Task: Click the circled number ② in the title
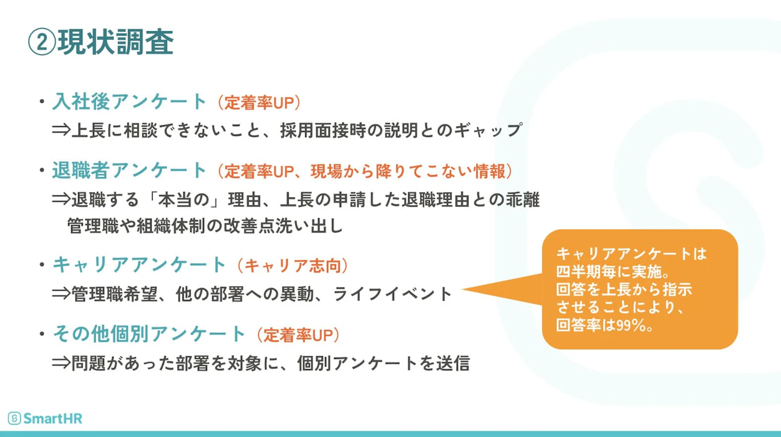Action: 42,42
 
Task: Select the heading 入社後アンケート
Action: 129,102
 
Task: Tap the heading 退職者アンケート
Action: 129,170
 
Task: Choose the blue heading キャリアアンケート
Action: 139,264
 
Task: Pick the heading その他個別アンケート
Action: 149,334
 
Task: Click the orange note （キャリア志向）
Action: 293,266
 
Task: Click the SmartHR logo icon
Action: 14,418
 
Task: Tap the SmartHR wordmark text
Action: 53,418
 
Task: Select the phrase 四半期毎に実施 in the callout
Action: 608,271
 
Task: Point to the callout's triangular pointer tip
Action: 462,289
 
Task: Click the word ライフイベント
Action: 392,294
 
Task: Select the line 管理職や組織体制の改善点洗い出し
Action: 205,226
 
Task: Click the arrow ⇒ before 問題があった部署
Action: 61,363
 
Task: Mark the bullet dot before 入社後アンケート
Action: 42,102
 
